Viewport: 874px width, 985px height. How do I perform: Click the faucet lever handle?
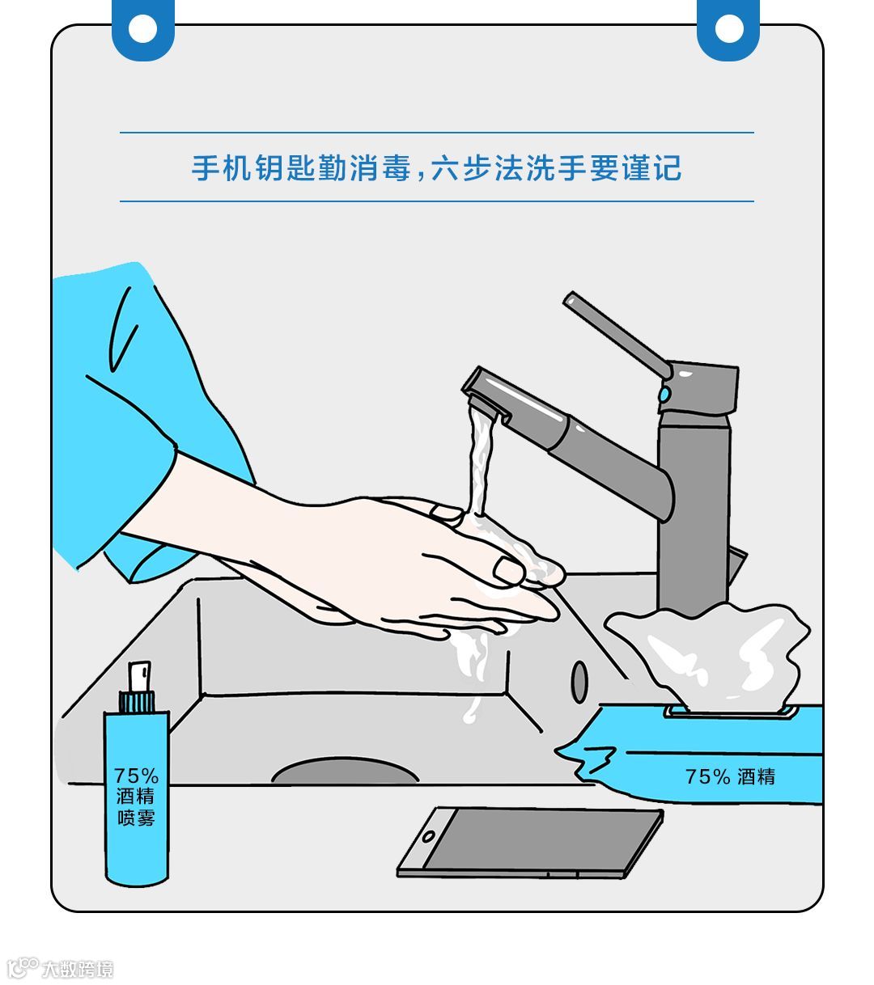[617, 335]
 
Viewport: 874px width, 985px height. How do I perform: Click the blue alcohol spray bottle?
[137, 773]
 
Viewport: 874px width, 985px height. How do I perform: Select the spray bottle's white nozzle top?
[140, 677]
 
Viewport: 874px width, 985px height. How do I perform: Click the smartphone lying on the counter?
[530, 843]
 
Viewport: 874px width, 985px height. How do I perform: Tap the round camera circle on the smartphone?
[428, 836]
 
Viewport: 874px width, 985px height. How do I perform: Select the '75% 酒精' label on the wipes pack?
[730, 776]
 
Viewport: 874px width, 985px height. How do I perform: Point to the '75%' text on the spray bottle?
[136, 775]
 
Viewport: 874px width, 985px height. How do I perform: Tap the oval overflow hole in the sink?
[579, 682]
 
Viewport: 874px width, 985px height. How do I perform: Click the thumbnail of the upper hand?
[508, 570]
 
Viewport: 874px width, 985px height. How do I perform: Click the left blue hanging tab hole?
[143, 28]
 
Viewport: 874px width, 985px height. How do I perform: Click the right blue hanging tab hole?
[728, 28]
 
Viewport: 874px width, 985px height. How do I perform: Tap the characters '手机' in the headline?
[222, 168]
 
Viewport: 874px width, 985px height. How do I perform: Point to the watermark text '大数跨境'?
[78, 969]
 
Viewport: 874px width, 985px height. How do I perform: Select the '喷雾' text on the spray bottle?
[136, 818]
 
